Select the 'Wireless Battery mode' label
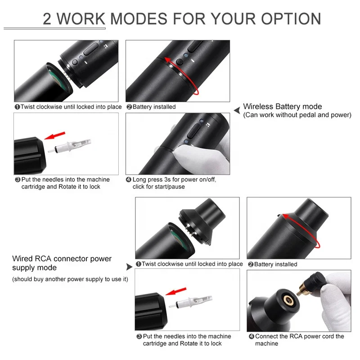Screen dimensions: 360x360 click(x=282, y=107)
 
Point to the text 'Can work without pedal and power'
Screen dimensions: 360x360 click(x=297, y=115)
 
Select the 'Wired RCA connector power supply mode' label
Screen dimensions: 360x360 click(x=62, y=263)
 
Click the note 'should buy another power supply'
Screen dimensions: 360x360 click(x=70, y=279)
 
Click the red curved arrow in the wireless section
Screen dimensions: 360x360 click(x=180, y=72)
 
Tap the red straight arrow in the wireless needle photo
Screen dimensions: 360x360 click(x=56, y=136)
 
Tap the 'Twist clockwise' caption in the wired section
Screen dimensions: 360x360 click(x=189, y=264)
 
